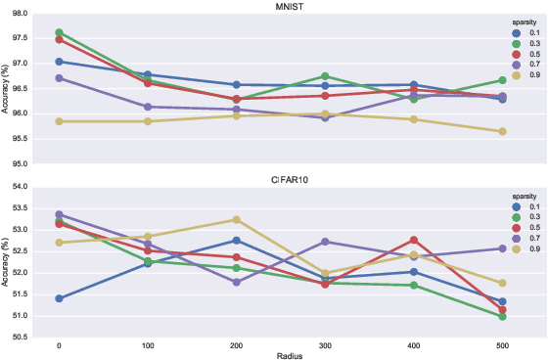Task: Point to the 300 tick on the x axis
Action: (325, 344)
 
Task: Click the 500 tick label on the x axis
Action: (502, 344)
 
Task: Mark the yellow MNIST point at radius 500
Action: (502, 131)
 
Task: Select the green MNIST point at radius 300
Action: (325, 76)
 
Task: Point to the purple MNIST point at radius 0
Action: (60, 78)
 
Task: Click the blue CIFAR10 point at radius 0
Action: (60, 298)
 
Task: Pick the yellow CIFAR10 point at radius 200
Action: (237, 220)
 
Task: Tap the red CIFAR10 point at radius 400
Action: (414, 240)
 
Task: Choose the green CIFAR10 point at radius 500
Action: (502, 316)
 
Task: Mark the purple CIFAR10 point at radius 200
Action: (237, 282)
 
